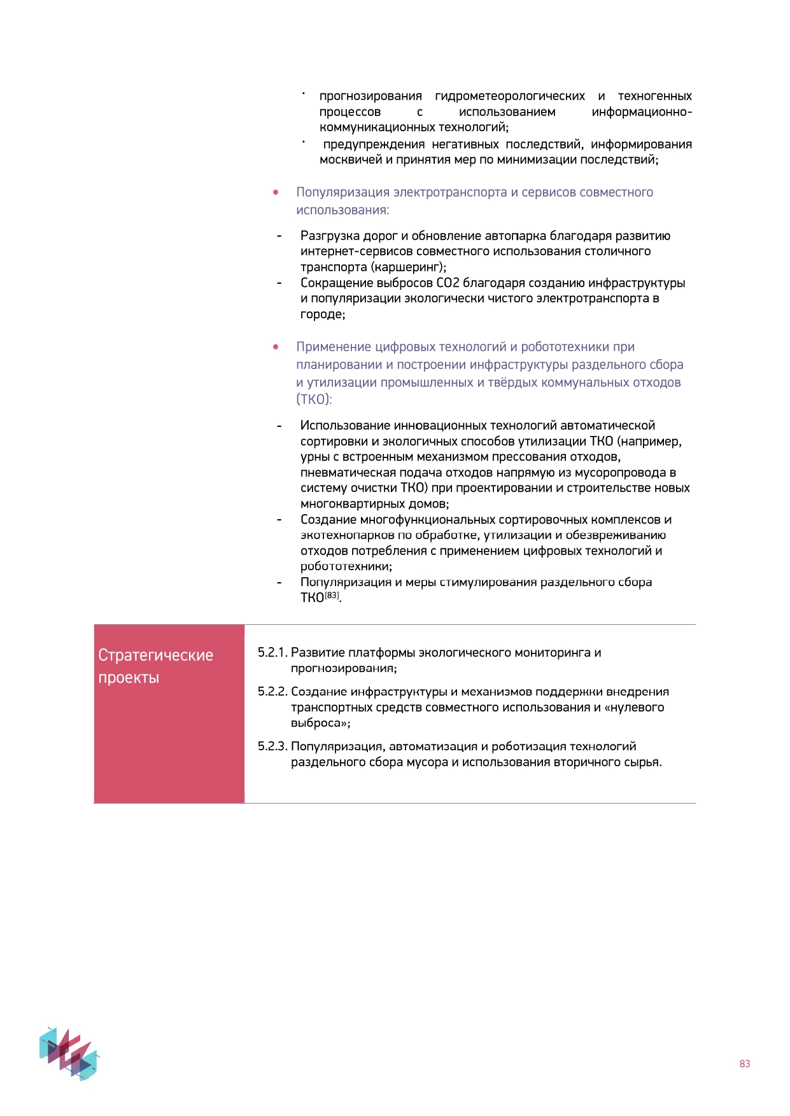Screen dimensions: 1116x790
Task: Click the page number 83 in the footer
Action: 744,1064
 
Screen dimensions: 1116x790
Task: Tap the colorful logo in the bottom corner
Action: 69,1053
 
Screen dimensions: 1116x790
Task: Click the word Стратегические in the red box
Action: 155,655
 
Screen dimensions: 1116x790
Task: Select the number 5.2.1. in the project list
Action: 272,653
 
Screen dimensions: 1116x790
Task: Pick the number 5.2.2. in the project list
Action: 272,692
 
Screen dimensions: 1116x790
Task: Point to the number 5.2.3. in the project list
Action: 272,746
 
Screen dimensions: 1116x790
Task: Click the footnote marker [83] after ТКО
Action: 332,596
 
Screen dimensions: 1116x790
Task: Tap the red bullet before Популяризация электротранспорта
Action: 276,192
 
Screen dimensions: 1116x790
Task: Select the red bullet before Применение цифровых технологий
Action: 276,347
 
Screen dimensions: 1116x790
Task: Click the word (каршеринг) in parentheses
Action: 408,267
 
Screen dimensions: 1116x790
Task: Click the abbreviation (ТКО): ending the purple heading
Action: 314,400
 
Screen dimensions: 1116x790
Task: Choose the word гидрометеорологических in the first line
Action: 510,96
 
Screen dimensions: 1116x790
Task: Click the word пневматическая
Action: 348,473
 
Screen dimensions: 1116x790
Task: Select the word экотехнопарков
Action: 348,535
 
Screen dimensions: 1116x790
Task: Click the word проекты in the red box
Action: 129,678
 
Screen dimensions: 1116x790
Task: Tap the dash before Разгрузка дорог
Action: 279,236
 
